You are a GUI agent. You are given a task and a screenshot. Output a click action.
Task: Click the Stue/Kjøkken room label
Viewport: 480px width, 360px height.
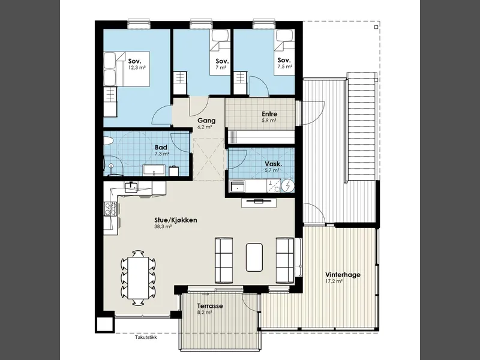pos(176,220)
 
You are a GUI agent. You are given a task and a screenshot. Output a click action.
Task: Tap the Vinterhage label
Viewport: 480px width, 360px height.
pos(343,275)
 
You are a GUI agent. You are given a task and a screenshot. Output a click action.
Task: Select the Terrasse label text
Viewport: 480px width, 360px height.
pos(210,306)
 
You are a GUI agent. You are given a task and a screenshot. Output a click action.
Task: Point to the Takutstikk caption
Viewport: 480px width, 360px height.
pos(146,338)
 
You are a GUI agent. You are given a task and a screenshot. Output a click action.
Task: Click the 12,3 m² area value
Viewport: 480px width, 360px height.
pos(137,68)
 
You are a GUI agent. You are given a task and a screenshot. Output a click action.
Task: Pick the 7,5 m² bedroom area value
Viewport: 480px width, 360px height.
pos(284,67)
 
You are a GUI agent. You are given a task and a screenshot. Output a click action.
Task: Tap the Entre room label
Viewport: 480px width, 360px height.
pos(269,114)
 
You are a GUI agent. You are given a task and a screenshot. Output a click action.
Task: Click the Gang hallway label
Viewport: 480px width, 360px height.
pos(206,121)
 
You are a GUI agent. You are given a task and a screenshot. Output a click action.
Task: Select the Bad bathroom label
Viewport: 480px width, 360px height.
pos(161,148)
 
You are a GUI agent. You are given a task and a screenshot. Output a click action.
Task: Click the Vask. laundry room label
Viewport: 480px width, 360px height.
pos(274,164)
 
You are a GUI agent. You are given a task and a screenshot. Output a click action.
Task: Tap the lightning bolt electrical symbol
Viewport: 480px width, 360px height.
pos(287,186)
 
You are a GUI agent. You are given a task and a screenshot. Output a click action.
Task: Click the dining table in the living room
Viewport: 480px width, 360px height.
pos(138,278)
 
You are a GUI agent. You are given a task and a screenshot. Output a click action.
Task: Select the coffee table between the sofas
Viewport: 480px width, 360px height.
pos(254,257)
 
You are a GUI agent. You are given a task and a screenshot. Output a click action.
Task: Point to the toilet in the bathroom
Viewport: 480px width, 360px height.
pos(109,141)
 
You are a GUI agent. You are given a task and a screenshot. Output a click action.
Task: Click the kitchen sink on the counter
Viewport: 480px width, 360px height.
pos(131,187)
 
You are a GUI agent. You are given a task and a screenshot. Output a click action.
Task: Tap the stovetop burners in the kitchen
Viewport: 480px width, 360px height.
pos(110,209)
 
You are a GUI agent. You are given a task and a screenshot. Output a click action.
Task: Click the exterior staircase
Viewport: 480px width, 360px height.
pos(362,128)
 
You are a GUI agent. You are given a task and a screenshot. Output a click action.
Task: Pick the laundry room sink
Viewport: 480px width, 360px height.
pos(238,186)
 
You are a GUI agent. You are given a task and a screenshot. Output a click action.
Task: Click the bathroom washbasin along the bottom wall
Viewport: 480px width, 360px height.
pos(154,170)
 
